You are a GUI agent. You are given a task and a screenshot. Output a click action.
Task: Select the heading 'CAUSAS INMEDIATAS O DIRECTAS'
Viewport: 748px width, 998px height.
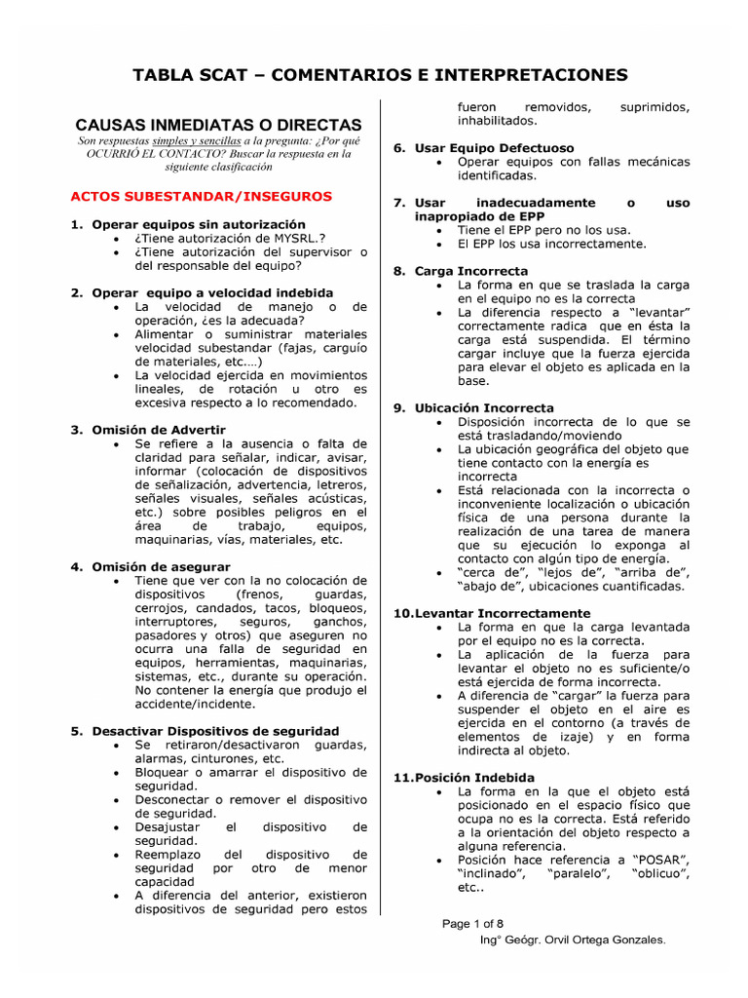click(218, 125)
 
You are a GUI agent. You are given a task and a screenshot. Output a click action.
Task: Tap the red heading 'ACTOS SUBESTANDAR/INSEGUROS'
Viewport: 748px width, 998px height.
click(202, 196)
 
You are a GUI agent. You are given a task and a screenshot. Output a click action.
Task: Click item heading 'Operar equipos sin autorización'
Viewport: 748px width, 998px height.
click(199, 224)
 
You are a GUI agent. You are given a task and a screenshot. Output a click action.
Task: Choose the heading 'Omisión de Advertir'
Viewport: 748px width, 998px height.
click(159, 429)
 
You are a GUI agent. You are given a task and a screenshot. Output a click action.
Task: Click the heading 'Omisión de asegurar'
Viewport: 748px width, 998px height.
click(161, 566)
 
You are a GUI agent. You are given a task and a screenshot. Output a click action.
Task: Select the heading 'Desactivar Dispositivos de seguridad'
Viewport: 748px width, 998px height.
click(215, 730)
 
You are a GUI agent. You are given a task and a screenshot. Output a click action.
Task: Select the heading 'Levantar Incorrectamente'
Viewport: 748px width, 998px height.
click(498, 613)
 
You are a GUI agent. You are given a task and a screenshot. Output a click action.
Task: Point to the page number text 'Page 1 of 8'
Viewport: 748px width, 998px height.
click(474, 923)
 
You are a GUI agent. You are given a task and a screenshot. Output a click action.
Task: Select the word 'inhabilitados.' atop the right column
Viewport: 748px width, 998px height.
click(497, 120)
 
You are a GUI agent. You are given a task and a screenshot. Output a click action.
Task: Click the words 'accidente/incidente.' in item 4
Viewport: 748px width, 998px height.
click(195, 704)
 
